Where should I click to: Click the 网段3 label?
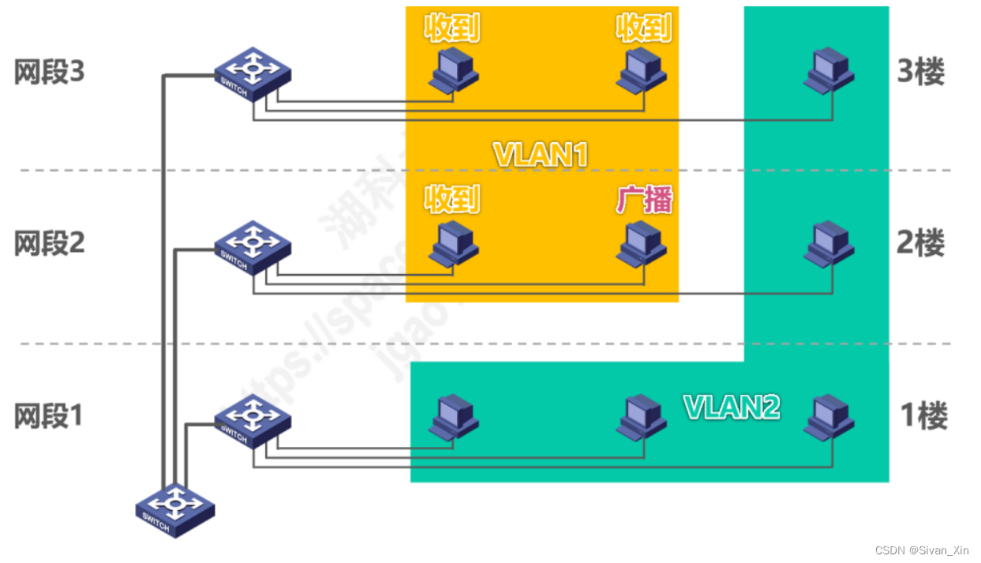point(49,73)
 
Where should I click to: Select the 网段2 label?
point(49,243)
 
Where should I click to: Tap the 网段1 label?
point(49,415)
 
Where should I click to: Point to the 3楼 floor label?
point(921,73)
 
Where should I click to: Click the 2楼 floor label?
point(921,243)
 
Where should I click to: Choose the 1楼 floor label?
point(923,415)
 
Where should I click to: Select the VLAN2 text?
point(732,407)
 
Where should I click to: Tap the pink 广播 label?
point(644,201)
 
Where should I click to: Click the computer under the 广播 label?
point(643,242)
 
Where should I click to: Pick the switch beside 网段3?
point(253,73)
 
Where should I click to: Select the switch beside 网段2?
point(253,246)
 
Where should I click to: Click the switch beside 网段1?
point(253,418)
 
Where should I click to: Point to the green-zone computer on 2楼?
point(829,242)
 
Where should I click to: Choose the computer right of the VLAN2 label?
point(829,416)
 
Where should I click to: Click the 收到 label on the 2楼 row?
point(452,201)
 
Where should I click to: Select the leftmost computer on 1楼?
point(454,416)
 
